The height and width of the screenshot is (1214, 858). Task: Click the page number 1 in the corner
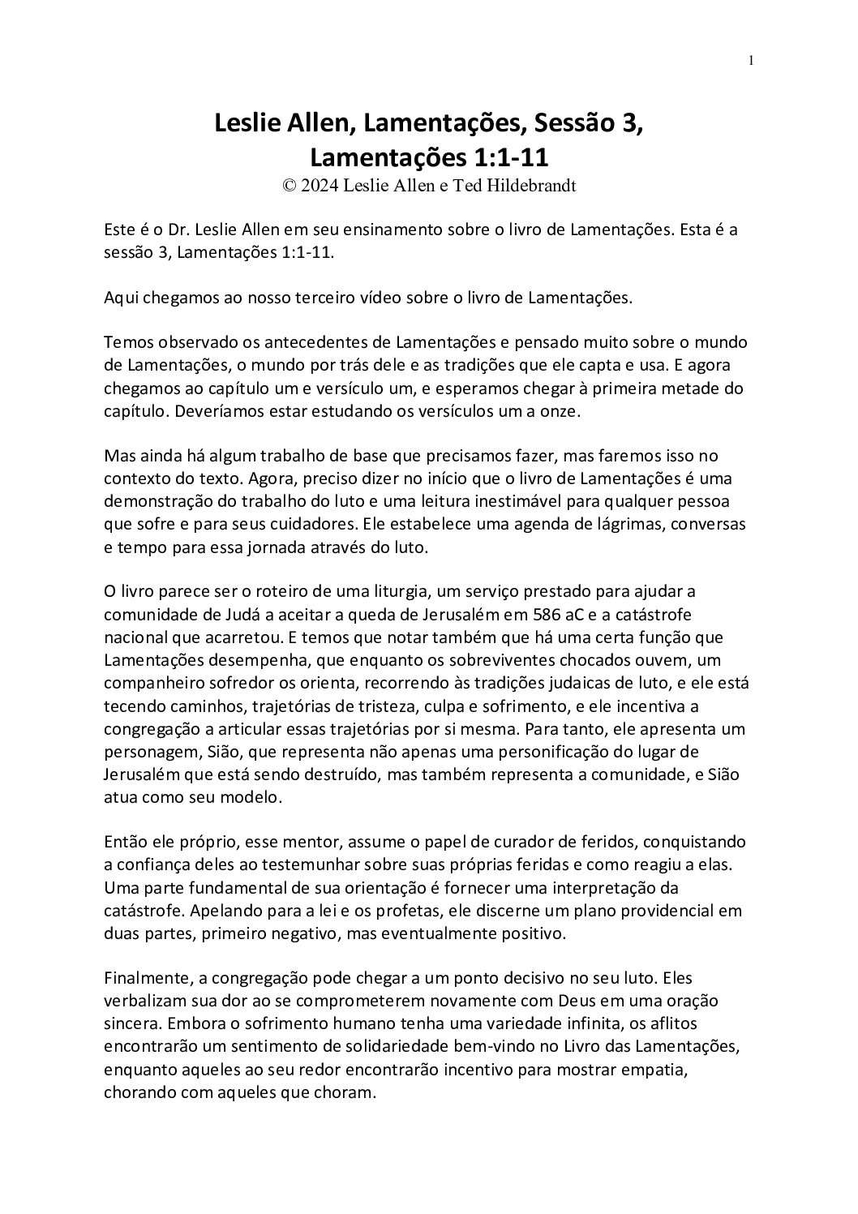click(752, 60)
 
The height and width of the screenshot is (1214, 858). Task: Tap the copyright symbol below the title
click(288, 185)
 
